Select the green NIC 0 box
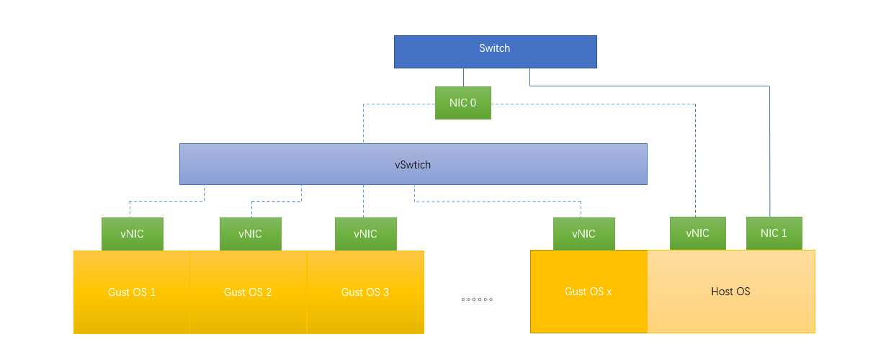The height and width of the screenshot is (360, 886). point(463,103)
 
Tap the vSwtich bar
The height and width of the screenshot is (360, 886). point(413,164)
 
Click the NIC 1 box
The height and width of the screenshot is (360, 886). point(774,233)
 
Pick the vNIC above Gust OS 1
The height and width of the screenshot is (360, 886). point(132,234)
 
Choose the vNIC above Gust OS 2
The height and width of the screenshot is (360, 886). point(250,234)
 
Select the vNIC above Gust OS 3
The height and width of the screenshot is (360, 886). point(365,234)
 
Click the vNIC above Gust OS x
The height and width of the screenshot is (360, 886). point(583,234)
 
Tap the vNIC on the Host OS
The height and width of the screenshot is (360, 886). point(697,233)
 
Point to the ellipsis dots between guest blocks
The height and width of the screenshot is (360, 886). point(477,299)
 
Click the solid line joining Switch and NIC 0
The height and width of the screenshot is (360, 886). point(463,78)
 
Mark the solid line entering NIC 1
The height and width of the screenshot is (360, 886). point(769,158)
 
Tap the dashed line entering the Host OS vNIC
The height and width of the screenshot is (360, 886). point(695,166)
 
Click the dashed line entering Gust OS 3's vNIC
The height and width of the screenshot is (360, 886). point(364,202)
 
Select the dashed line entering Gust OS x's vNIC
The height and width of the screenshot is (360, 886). point(581,209)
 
